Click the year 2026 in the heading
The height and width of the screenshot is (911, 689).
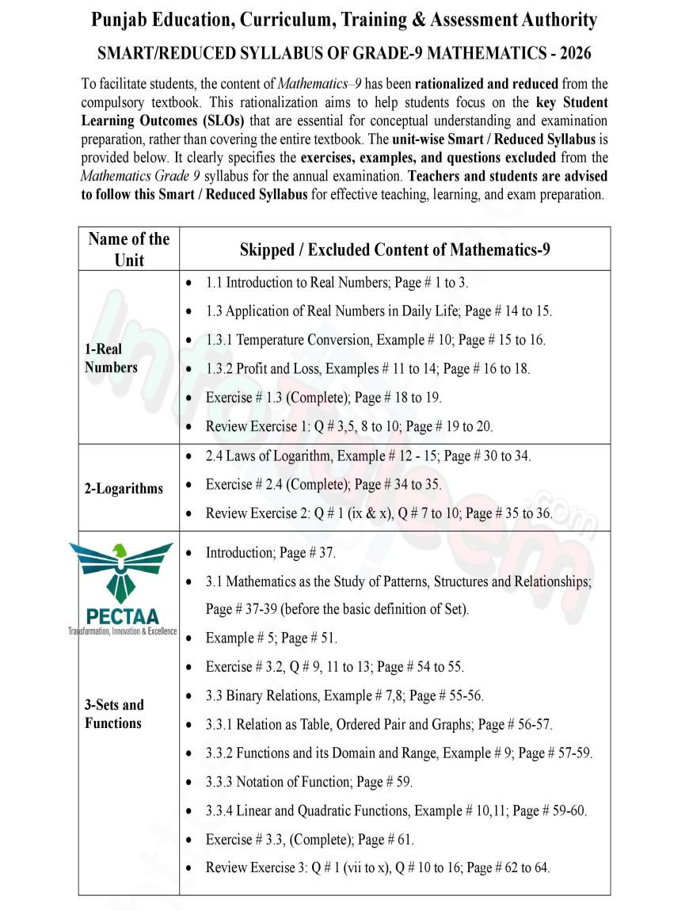573,54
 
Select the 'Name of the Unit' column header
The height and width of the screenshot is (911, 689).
129,249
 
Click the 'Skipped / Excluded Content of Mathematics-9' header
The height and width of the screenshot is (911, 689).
394,250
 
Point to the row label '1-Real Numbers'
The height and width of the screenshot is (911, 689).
111,358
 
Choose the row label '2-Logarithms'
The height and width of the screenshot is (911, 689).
124,488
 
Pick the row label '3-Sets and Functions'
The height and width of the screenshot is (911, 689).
114,714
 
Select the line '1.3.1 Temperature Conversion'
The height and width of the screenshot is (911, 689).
375,340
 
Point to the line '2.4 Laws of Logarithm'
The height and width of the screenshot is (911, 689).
368,455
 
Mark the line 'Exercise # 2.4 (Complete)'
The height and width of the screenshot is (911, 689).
323,484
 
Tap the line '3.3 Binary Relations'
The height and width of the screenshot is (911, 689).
344,696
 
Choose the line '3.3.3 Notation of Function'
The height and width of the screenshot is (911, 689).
309,782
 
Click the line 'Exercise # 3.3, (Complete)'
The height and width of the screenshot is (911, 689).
310,839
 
